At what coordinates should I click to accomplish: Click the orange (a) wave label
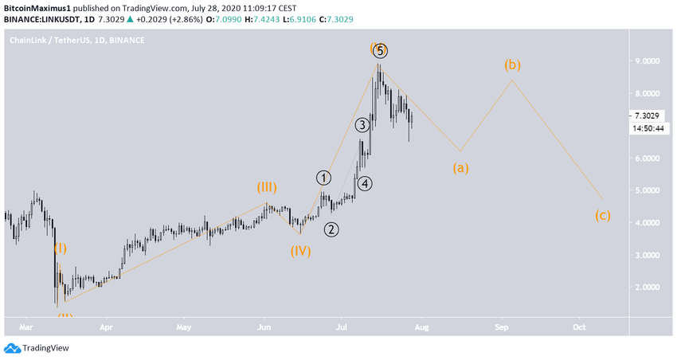pyautogui.click(x=460, y=168)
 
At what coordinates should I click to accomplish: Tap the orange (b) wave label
pyautogui.click(x=512, y=65)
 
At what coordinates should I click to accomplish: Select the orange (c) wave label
pyautogui.click(x=602, y=215)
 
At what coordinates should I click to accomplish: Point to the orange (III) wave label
pyautogui.click(x=267, y=188)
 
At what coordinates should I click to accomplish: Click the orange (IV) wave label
pyautogui.click(x=299, y=251)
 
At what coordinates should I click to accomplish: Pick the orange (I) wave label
pyautogui.click(x=61, y=248)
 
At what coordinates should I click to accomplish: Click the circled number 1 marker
pyautogui.click(x=323, y=178)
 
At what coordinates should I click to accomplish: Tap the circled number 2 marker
pyautogui.click(x=331, y=230)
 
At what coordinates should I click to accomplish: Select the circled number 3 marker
pyautogui.click(x=362, y=125)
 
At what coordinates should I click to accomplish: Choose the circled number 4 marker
pyautogui.click(x=364, y=184)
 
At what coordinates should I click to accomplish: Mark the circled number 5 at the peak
pyautogui.click(x=381, y=51)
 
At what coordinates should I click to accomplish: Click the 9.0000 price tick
pyautogui.click(x=646, y=61)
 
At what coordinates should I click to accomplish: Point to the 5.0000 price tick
pyautogui.click(x=646, y=190)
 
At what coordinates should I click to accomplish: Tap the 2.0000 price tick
pyautogui.click(x=646, y=288)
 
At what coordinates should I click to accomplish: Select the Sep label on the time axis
pyautogui.click(x=501, y=327)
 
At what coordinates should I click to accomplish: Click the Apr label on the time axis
pyautogui.click(x=104, y=327)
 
